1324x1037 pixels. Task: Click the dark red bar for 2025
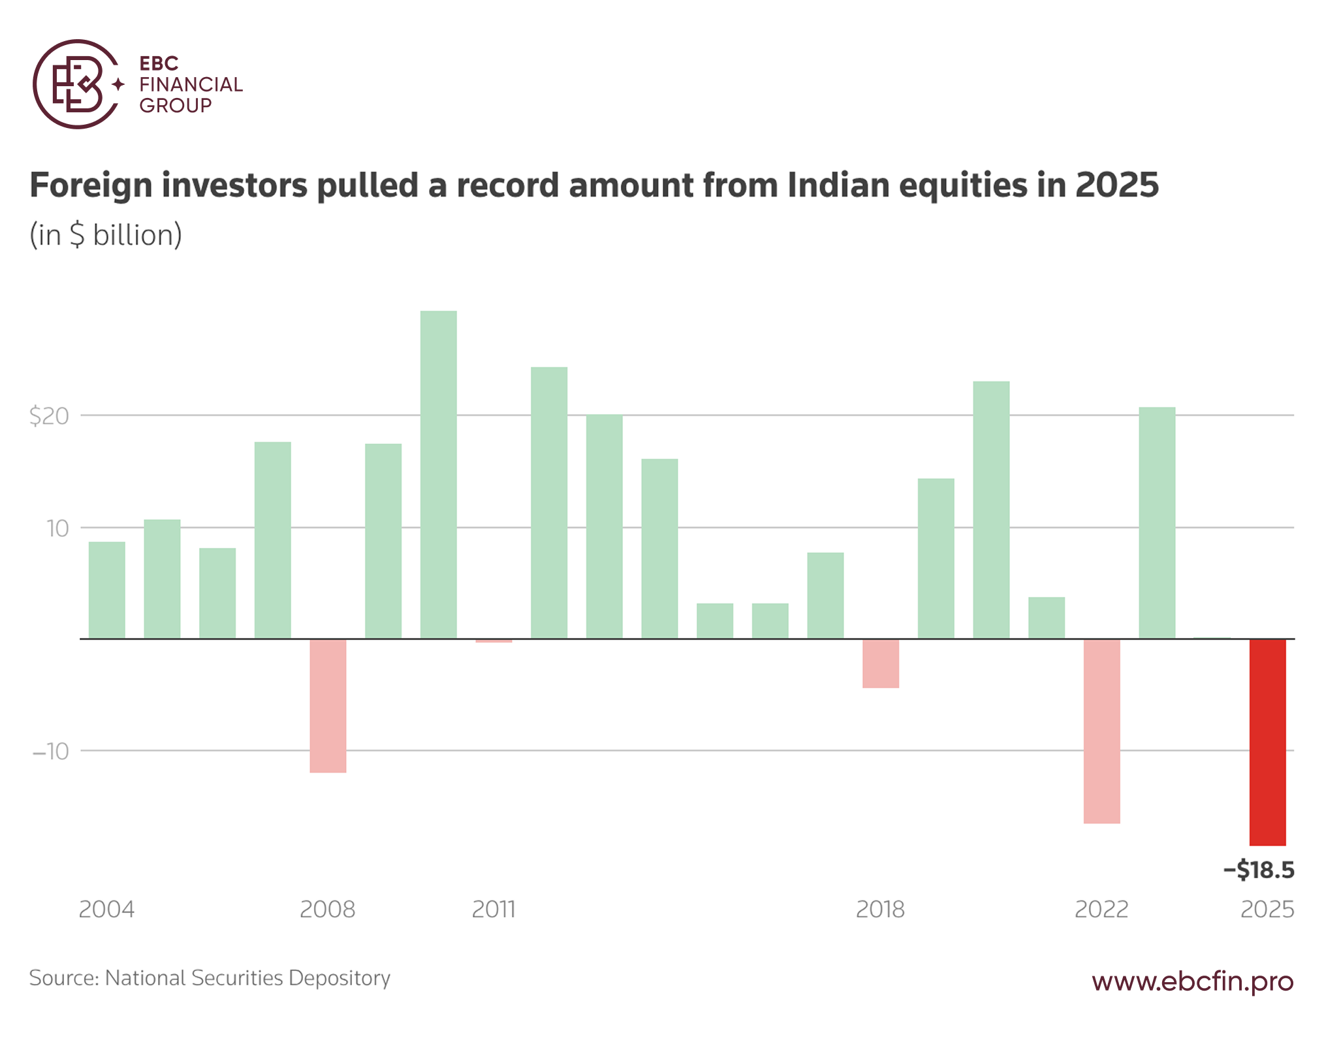point(1267,742)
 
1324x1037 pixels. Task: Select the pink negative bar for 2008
point(328,706)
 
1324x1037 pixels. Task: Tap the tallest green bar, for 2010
point(438,475)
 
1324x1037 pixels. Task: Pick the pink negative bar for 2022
point(1101,731)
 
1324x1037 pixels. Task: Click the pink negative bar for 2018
point(880,663)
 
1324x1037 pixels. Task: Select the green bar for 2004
point(107,590)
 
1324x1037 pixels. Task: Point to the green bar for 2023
point(1157,523)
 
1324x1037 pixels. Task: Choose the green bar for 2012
point(549,503)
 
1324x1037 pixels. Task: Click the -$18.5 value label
point(1258,870)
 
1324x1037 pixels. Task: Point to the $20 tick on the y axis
point(49,416)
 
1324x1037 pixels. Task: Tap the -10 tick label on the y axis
point(50,752)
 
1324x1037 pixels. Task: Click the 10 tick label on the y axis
point(57,528)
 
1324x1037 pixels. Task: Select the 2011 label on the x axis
point(494,909)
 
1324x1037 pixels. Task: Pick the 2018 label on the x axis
point(880,909)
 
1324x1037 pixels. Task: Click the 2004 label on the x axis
point(106,909)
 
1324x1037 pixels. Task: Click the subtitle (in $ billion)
point(106,235)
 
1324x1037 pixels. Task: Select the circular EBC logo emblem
point(77,84)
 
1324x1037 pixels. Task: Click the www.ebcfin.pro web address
point(1192,980)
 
